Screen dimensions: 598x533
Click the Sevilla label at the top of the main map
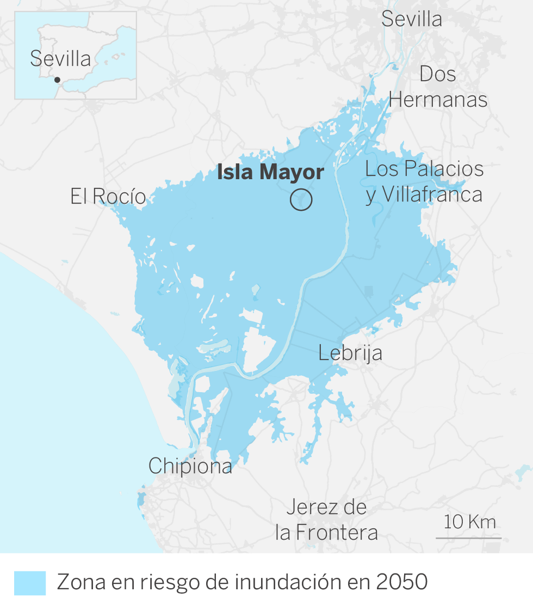[411, 20]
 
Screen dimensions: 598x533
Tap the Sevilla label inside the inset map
[60, 59]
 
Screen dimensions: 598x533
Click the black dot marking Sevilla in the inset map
[57, 80]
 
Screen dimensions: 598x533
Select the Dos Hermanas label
[438, 87]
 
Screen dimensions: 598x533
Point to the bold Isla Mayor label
[270, 173]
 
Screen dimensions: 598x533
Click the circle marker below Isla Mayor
[301, 200]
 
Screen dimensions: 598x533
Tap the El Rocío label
[108, 197]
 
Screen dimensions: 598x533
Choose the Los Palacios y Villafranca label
[424, 182]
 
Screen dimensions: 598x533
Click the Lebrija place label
[350, 353]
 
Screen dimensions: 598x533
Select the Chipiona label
[190, 466]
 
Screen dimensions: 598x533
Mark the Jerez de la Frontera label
[326, 520]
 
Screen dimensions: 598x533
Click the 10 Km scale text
[470, 522]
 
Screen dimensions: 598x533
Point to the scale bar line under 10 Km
[468, 538]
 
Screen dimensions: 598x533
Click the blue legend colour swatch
[30, 583]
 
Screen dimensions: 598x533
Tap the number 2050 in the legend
[402, 583]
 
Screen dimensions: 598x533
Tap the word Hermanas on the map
[438, 100]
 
